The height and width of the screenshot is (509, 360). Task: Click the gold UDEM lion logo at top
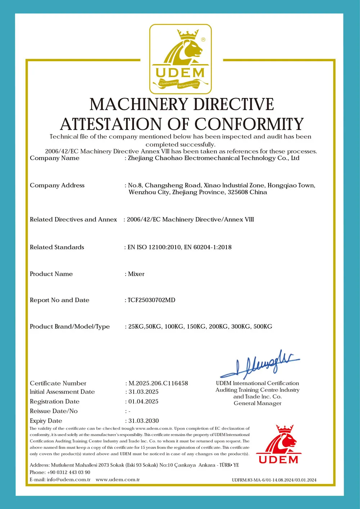coord(180,59)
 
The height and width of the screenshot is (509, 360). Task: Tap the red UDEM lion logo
coord(279,445)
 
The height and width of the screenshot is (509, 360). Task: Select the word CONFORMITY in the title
coord(249,124)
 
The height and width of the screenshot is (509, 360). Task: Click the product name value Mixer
coord(136,274)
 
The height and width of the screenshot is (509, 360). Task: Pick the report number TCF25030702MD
coord(152,300)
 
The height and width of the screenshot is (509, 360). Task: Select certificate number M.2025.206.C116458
coord(158,383)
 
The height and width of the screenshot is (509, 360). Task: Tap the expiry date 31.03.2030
coord(144,421)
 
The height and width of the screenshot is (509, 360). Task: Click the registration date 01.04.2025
coord(143,401)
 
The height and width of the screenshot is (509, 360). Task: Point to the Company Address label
coord(57,185)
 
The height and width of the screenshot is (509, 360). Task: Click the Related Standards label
coord(57,247)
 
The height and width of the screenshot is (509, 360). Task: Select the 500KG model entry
coord(263,326)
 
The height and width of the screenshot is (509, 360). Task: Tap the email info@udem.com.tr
coord(68,479)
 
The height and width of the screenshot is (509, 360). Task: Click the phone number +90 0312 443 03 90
coord(68,472)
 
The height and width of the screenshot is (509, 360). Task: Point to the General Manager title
coord(257,403)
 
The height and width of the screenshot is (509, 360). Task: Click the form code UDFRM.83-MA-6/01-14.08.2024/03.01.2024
coord(274,480)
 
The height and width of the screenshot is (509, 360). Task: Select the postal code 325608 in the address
coord(238,192)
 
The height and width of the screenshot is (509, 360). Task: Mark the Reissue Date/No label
coord(54,411)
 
